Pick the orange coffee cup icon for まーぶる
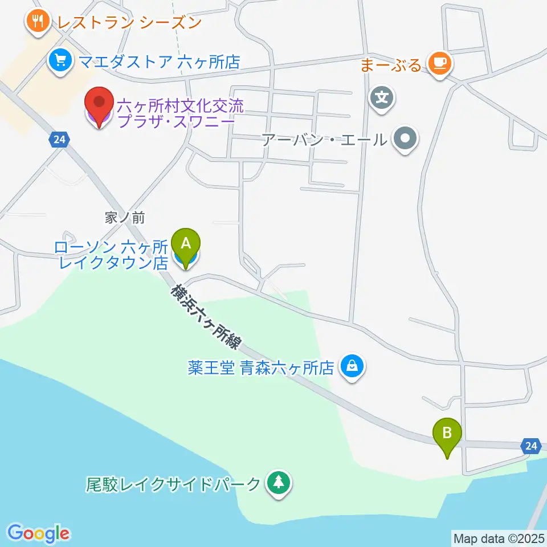click(x=439, y=62)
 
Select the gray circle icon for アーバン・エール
click(x=405, y=138)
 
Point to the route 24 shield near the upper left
click(x=58, y=139)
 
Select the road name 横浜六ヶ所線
click(x=206, y=317)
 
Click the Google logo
click(x=39, y=533)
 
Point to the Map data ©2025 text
click(x=499, y=537)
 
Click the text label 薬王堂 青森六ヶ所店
click(x=260, y=368)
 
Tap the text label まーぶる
click(x=391, y=64)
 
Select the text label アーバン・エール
click(x=324, y=139)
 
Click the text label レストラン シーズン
click(x=129, y=23)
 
